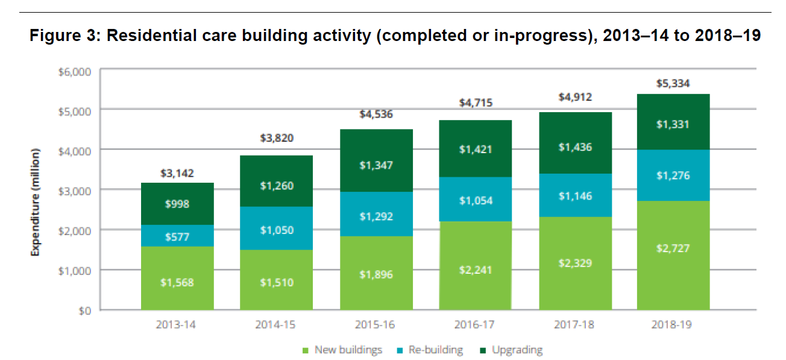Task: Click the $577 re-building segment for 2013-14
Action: [x=177, y=237]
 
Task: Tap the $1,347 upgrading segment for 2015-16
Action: [x=376, y=165]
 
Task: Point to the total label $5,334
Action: [x=674, y=83]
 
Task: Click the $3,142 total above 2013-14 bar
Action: [x=177, y=173]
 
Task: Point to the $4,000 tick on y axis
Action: [x=75, y=150]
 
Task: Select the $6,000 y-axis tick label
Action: [x=75, y=71]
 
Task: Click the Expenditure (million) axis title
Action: [x=36, y=201]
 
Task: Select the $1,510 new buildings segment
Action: [x=277, y=282]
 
